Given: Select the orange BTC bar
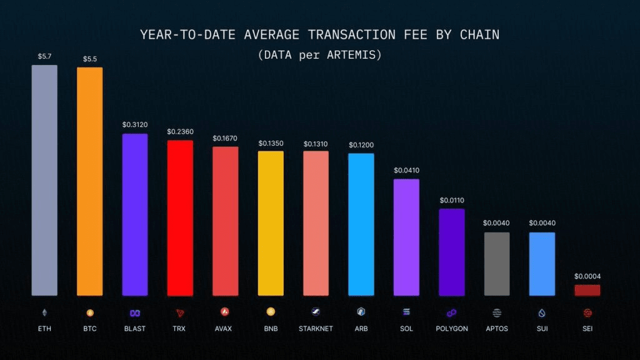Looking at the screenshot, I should coord(89,181).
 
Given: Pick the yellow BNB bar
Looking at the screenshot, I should coord(271,223).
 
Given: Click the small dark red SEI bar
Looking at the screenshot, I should coord(587,290).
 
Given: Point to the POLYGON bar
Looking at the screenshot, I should coord(451,252).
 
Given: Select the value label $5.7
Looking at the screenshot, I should coord(44,56).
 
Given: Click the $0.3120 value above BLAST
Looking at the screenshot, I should coord(135,124).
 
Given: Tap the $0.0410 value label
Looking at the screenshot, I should coord(406,170).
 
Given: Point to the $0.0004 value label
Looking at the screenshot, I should coord(587,276).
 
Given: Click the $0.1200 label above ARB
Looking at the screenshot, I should coord(361,145).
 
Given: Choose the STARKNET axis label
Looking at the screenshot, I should coord(316,328).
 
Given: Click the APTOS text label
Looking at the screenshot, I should coord(496,328).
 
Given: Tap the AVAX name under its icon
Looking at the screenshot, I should coord(225,328).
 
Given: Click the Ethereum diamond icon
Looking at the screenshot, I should coord(44,312).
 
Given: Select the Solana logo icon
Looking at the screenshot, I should coord(406,312).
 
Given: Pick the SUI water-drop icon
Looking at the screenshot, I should coord(542,312).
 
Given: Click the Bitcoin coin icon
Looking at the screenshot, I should coord(89,312).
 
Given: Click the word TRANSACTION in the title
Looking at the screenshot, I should coord(352,34).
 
